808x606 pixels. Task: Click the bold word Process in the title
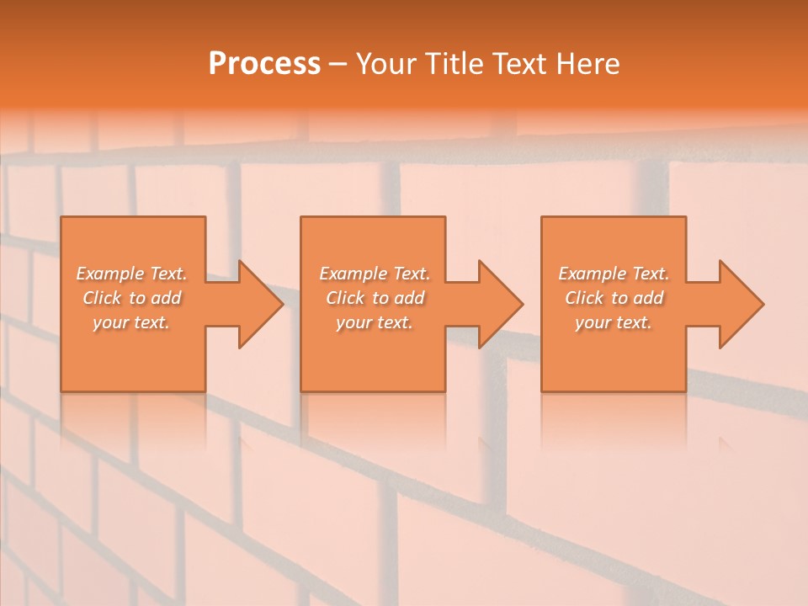[264, 64]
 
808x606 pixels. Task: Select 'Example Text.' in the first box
[131, 274]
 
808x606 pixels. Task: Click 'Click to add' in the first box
[131, 298]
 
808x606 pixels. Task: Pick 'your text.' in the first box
[131, 322]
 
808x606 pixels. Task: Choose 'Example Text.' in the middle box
[374, 274]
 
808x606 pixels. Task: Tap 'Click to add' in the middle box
[374, 298]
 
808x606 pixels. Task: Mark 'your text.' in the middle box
[374, 322]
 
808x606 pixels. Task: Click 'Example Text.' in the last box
[614, 274]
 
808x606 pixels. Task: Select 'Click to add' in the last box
[614, 298]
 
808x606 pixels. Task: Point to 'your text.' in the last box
[614, 322]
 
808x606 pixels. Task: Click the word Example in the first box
[109, 274]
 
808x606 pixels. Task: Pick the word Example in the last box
[592, 274]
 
